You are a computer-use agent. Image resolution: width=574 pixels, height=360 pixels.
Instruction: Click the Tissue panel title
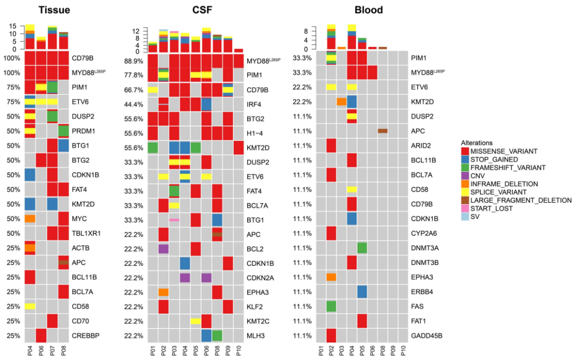pos(54,10)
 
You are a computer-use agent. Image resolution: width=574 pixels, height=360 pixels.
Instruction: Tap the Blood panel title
pos(369,10)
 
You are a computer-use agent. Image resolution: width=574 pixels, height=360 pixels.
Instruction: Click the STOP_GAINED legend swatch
pos(466,160)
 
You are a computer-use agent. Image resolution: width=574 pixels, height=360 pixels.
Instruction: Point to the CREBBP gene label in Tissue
pos(87,336)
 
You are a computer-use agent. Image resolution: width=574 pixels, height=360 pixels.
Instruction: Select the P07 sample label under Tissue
pos(52,351)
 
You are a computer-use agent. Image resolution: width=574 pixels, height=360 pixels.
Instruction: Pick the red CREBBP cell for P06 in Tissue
pos(41,336)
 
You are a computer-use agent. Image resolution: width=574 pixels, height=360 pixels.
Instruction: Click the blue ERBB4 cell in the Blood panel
pos(362,291)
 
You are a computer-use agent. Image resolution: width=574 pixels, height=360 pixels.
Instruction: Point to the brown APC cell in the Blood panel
pos(382,131)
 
